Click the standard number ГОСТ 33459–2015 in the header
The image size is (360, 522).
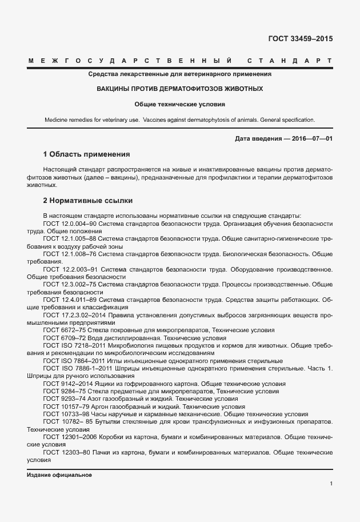[300, 39]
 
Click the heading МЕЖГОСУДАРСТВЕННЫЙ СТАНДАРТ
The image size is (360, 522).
[179, 61]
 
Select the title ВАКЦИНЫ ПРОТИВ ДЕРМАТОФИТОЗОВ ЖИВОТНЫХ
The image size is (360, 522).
[179, 89]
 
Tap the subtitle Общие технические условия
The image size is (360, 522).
[179, 105]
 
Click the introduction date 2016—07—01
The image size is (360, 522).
[312, 139]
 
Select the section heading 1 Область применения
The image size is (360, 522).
[87, 154]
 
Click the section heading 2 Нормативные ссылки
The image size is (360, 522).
[87, 201]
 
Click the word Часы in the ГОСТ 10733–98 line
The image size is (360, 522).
[99, 413]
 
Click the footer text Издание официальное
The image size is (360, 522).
[59, 475]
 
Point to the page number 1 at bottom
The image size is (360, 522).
[331, 484]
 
